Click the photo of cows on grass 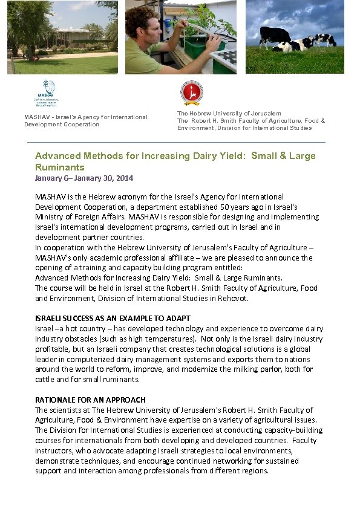pos(295,37)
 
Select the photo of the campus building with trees pos(62,37)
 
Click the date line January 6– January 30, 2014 pos(84,178)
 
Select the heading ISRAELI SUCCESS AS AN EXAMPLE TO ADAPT pos(113,318)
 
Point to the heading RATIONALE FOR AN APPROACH pos(90,400)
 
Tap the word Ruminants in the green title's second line pos(60,167)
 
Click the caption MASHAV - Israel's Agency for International pos(85,117)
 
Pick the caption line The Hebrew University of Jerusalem pos(229,114)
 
